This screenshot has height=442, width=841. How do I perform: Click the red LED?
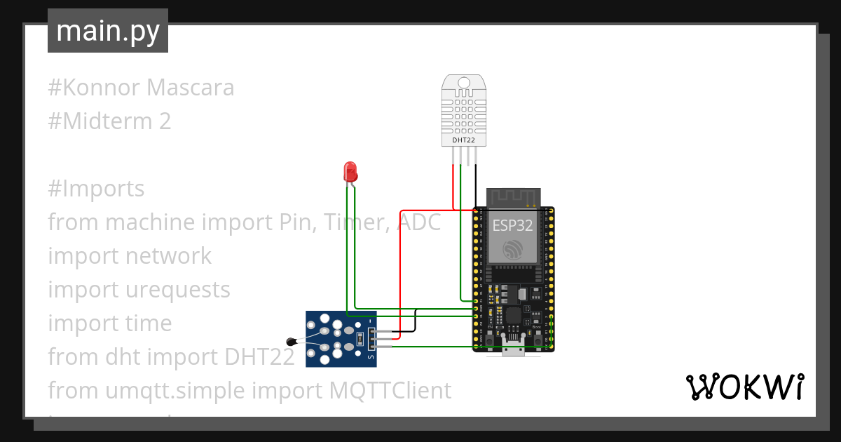pos(350,171)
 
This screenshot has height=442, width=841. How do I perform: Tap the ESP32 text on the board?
pos(512,226)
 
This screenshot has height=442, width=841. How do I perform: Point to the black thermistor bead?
pos(292,342)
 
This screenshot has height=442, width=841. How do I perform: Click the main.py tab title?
pos(108,31)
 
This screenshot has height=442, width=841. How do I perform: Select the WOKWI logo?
pos(744,387)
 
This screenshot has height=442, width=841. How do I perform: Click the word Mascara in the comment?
pos(191,88)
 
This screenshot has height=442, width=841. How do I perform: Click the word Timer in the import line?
pos(356,222)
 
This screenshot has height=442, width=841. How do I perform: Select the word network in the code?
pos(168,256)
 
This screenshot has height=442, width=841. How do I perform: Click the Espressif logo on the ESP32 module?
pos(512,248)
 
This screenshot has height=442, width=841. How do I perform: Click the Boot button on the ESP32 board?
pos(538,340)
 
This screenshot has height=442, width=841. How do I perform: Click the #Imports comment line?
pos(97,189)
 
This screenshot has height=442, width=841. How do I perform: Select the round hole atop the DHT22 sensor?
pos(463,83)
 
